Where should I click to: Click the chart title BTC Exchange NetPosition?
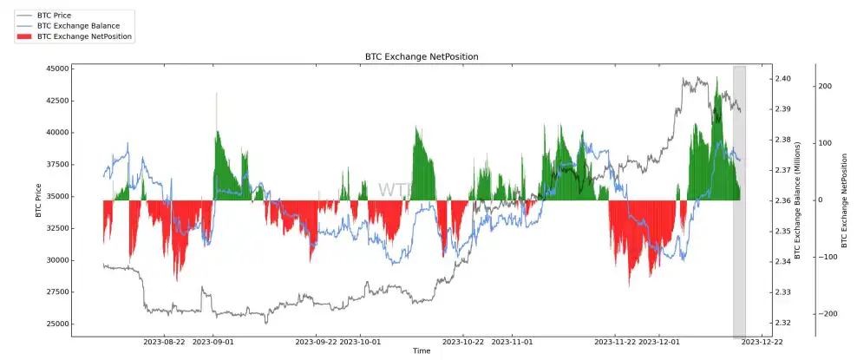422,56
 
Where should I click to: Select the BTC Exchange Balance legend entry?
78,26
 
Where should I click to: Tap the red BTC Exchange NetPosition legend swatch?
23,37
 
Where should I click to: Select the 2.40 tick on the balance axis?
782,79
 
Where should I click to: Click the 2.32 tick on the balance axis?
782,323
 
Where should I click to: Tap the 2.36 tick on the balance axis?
782,201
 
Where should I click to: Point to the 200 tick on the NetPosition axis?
825,86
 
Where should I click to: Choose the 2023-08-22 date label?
164,343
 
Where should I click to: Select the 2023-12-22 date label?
762,343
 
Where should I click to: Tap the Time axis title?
422,351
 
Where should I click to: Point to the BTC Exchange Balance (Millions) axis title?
799,201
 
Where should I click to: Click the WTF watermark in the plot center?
395,190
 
